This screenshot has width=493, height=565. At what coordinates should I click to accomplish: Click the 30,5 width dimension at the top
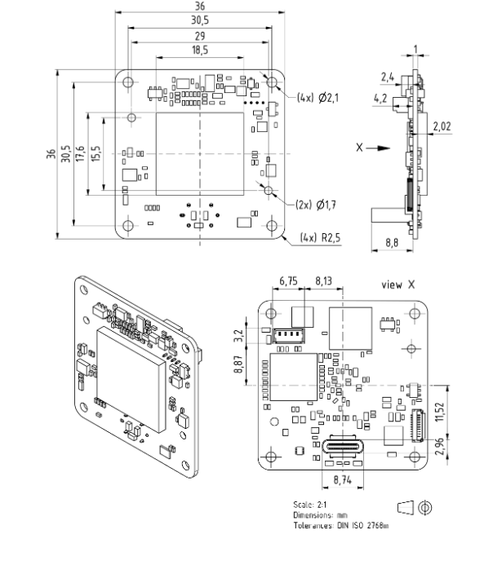point(200,20)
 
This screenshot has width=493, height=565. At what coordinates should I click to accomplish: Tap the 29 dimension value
point(200,36)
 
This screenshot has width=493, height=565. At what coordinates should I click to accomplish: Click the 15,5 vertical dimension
point(96,153)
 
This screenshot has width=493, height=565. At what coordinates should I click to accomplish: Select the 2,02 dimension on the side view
point(442,126)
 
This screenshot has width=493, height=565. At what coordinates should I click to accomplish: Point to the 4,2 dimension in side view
point(380,99)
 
